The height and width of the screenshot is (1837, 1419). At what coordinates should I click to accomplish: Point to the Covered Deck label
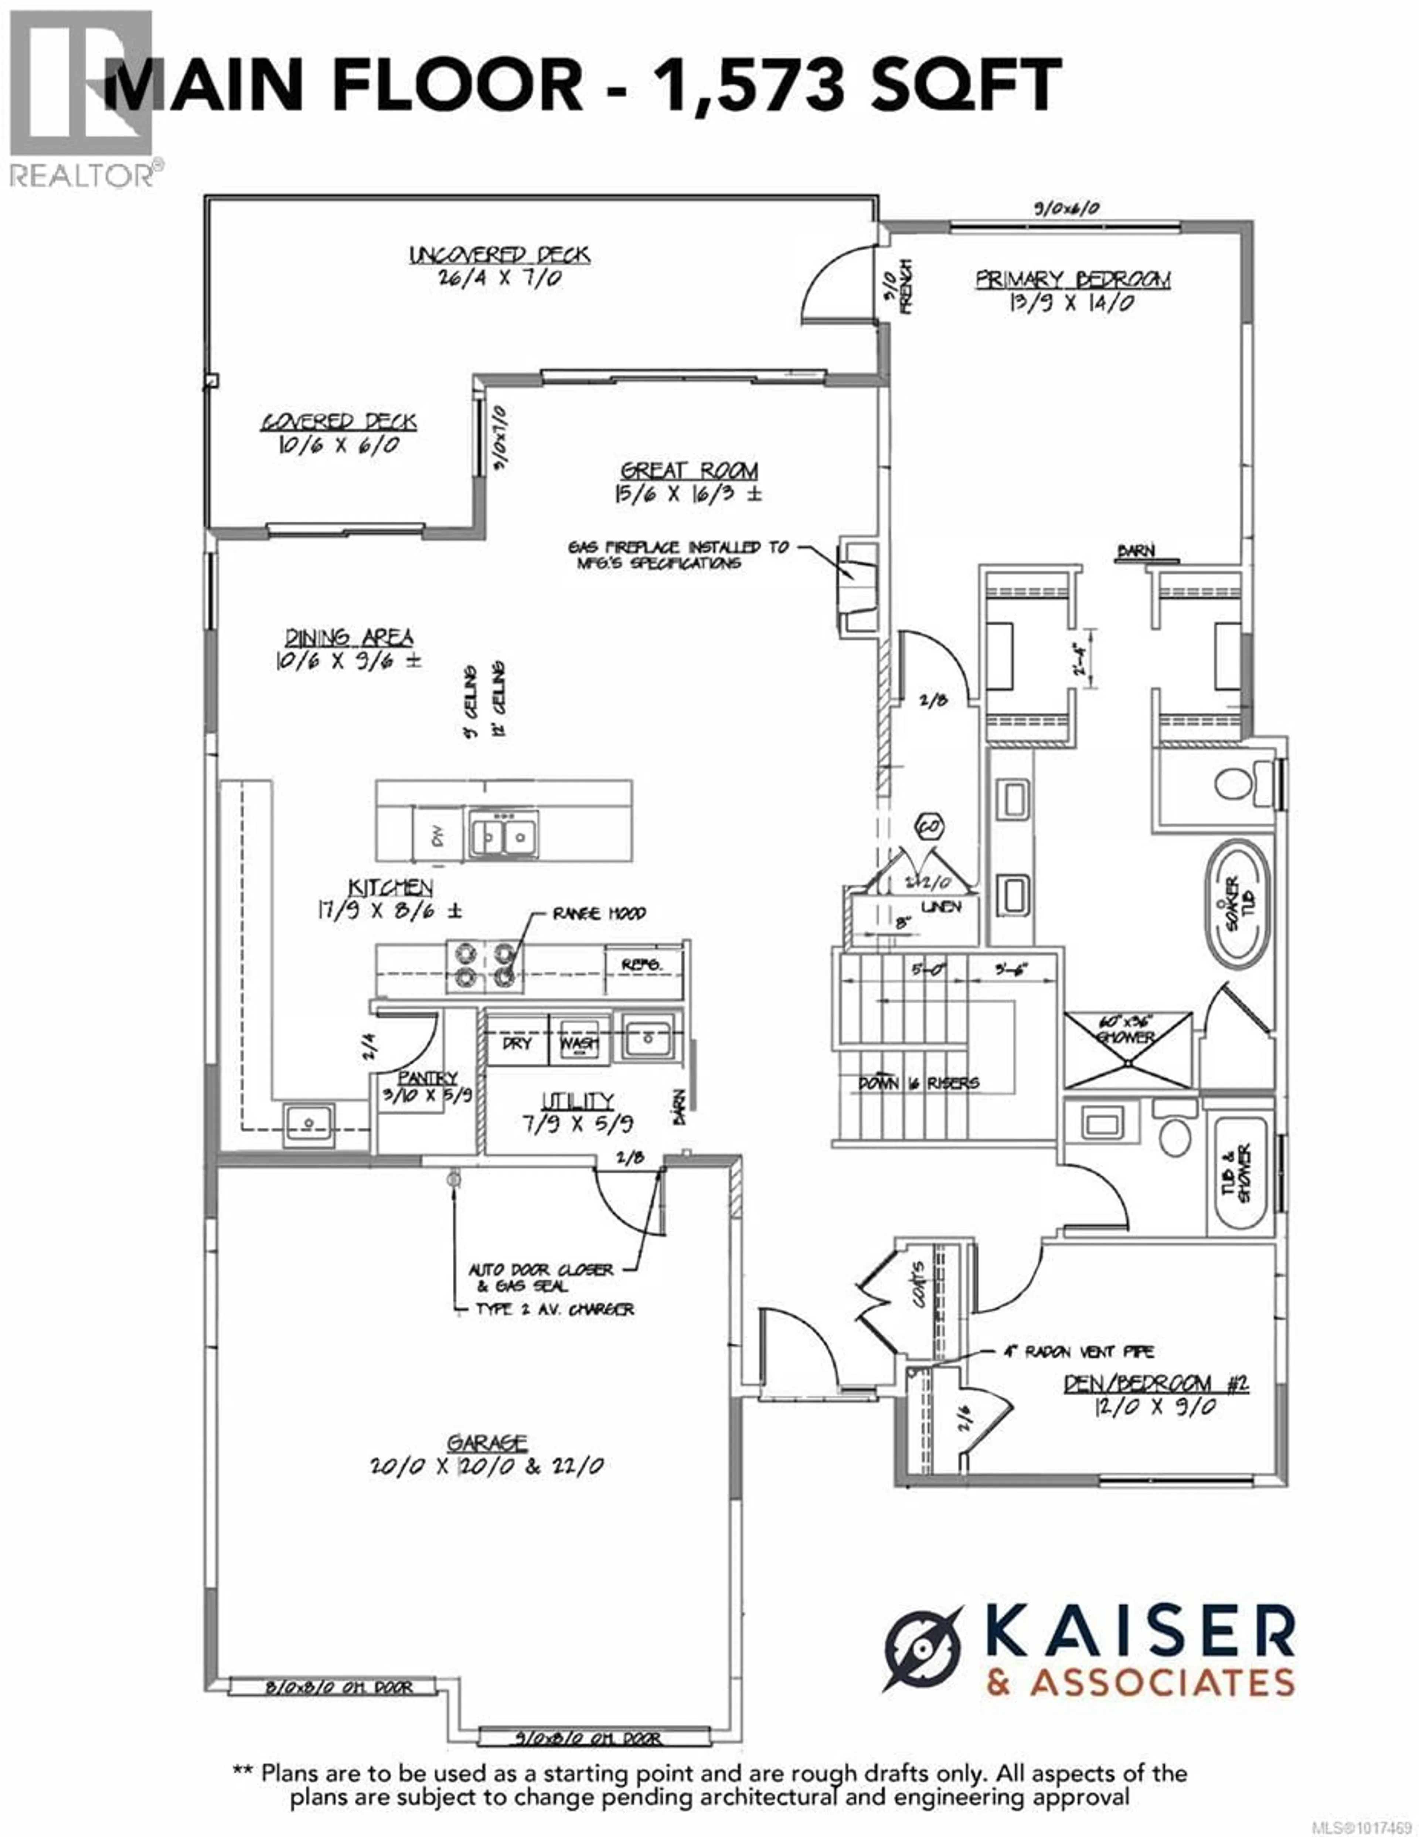(339, 422)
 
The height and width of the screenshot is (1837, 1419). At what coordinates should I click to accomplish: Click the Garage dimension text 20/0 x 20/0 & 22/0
(487, 1466)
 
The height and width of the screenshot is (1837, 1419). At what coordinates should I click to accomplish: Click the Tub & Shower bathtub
(1239, 1173)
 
